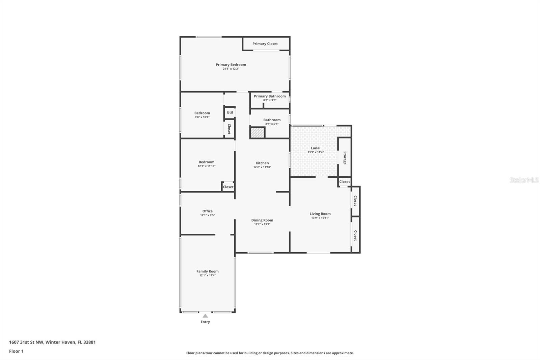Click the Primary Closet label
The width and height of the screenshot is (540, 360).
(x=265, y=44)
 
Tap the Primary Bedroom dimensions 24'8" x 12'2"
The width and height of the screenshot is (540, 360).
(x=231, y=69)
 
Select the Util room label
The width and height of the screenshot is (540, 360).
(x=230, y=112)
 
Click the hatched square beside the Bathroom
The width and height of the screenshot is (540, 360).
(x=258, y=133)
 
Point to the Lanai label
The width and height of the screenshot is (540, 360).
(x=316, y=148)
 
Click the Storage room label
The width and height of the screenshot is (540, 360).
(x=345, y=158)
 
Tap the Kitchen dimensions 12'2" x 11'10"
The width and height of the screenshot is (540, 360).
(x=262, y=167)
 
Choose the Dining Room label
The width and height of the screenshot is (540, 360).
(x=262, y=220)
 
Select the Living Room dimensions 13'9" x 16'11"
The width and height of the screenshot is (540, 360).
(x=320, y=217)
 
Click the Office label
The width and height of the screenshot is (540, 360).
(x=207, y=211)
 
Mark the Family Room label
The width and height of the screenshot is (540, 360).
(x=207, y=271)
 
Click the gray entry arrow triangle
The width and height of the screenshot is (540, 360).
(x=205, y=316)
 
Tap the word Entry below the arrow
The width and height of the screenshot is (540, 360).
(x=205, y=322)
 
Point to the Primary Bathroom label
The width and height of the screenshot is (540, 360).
(x=270, y=96)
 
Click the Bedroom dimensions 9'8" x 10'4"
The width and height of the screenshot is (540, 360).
(x=202, y=117)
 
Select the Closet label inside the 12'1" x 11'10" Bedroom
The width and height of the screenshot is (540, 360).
(x=228, y=187)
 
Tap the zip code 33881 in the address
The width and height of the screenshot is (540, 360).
(x=89, y=342)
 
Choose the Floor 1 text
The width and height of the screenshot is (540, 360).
(x=16, y=351)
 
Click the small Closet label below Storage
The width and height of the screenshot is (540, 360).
(x=345, y=182)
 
